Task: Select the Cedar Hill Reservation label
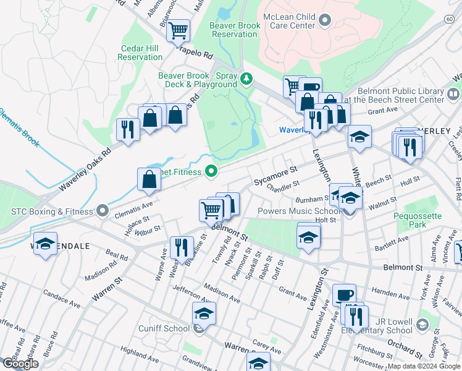[140, 53]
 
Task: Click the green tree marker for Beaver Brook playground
[247, 78]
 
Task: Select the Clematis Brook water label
[19, 127]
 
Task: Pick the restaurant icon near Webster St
[182, 248]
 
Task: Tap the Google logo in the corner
[20, 363]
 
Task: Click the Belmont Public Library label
[392, 95]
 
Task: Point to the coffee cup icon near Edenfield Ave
[344, 294]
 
